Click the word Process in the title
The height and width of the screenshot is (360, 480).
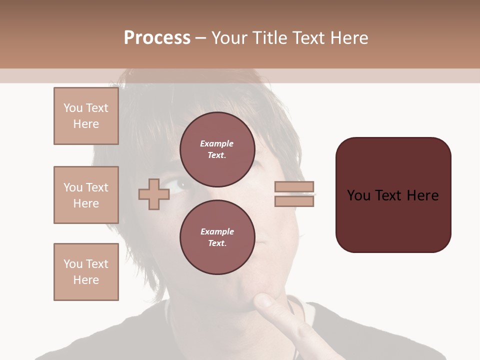(x=157, y=38)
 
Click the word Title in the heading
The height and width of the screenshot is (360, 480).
(x=268, y=38)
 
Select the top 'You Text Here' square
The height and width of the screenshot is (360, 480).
(x=86, y=116)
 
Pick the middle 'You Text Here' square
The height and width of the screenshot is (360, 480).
(x=86, y=195)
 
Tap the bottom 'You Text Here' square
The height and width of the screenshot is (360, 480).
(x=86, y=272)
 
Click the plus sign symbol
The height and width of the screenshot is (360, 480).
(x=153, y=194)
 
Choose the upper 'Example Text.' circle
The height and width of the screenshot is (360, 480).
(x=217, y=149)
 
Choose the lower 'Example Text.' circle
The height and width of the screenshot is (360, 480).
(x=217, y=237)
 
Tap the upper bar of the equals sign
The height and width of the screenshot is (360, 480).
(x=294, y=187)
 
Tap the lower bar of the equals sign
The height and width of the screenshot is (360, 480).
(x=294, y=201)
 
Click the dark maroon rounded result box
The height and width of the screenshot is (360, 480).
(x=393, y=195)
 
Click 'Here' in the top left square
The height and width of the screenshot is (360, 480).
(x=86, y=124)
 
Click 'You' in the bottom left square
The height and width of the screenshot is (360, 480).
(x=73, y=264)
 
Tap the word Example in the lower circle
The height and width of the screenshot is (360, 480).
(x=217, y=231)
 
